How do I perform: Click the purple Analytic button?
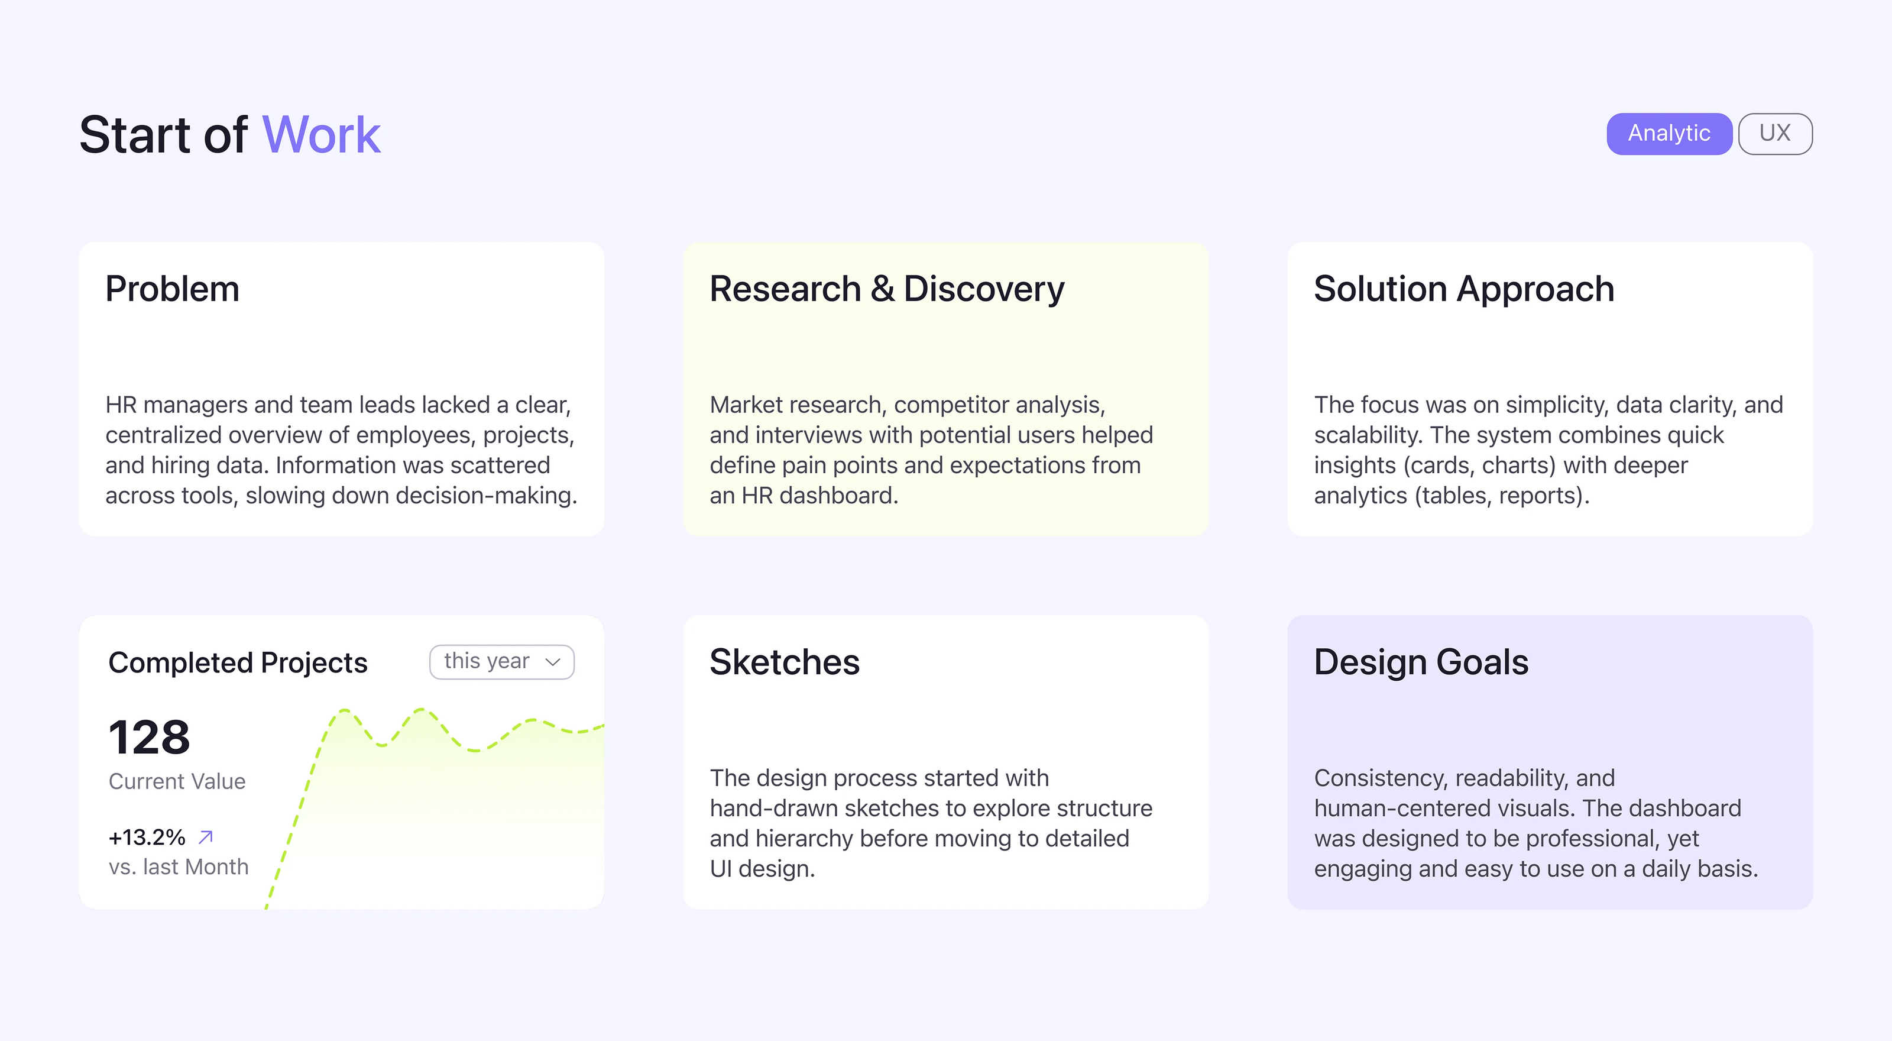coord(1669,134)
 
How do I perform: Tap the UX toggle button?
coord(1774,134)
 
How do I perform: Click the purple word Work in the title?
coord(321,135)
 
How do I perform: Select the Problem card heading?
coord(173,289)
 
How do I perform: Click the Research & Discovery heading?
coord(886,289)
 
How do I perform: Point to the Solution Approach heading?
coord(1464,289)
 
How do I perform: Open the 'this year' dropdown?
coord(501,661)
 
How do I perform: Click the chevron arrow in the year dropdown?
coord(553,662)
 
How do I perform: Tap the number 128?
coord(149,737)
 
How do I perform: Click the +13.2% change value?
coord(147,837)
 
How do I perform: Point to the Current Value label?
coord(177,781)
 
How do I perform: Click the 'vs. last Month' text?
coord(179,867)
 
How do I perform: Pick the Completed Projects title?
coord(237,662)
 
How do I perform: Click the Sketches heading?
coord(785,662)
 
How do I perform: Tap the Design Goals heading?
coord(1421,662)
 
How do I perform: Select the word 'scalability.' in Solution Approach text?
coord(1368,435)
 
